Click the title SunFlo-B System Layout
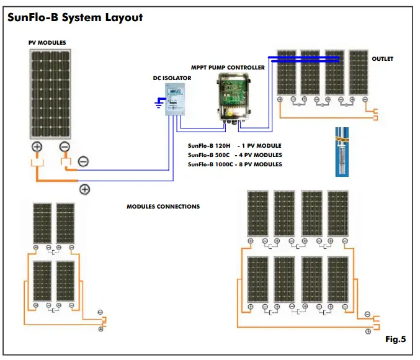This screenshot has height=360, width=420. point(74,17)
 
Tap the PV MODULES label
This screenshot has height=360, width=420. point(47,43)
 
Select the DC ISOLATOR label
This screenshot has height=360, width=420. point(172,78)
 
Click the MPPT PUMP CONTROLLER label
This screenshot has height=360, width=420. point(228,67)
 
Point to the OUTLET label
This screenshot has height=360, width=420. point(382,59)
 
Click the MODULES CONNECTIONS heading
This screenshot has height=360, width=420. point(163,207)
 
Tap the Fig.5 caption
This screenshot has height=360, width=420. point(395,340)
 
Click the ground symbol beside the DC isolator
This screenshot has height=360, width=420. point(159,102)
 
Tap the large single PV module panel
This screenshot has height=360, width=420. point(51,94)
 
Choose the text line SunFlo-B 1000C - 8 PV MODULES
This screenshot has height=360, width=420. point(235,164)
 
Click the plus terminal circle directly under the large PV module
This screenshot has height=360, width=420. point(37,147)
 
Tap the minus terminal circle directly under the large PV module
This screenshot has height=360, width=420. point(65,147)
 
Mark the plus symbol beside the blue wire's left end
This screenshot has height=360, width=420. point(84,189)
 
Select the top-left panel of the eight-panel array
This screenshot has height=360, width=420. point(257,213)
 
